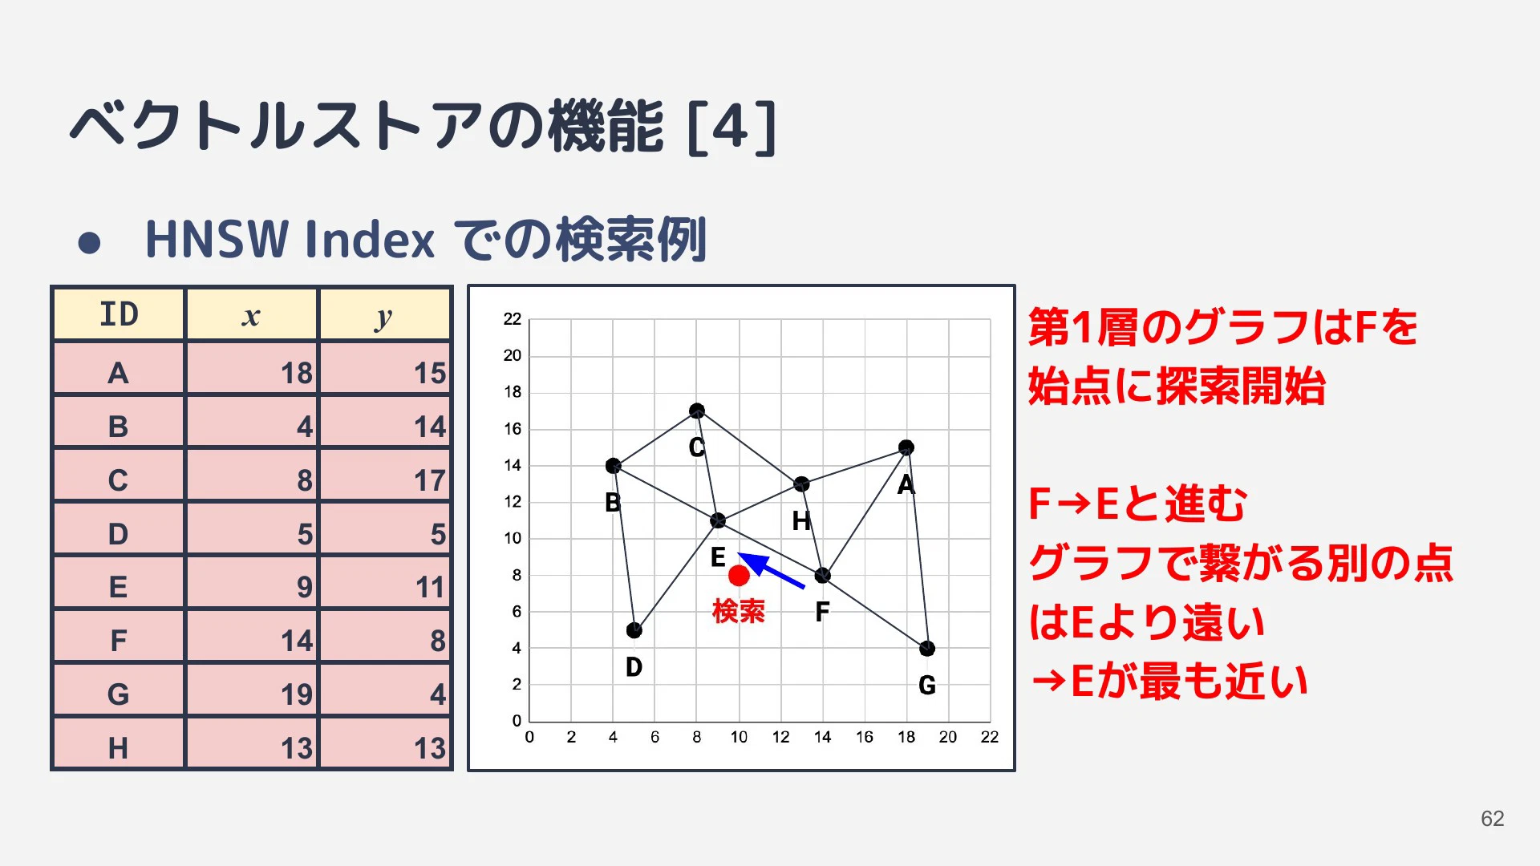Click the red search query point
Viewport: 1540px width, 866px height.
click(x=739, y=575)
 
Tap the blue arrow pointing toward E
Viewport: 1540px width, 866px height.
click(x=771, y=570)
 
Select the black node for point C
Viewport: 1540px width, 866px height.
click(x=697, y=411)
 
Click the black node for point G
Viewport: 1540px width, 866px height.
click(x=927, y=649)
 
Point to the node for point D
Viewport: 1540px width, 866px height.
click(x=634, y=630)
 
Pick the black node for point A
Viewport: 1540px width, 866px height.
click(x=906, y=447)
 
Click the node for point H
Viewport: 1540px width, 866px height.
click(x=801, y=484)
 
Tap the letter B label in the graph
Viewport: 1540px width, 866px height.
click(x=613, y=503)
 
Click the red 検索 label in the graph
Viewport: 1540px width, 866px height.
click(x=739, y=612)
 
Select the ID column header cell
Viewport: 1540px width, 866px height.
click(x=119, y=314)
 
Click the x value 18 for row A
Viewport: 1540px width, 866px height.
click(x=296, y=373)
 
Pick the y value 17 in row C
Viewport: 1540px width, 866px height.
click(x=430, y=480)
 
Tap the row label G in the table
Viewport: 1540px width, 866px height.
click(x=118, y=694)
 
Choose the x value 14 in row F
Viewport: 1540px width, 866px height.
click(x=296, y=641)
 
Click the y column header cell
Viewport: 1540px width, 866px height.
click(x=385, y=314)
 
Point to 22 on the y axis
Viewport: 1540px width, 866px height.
click(x=513, y=319)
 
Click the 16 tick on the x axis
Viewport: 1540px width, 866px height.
click(x=865, y=737)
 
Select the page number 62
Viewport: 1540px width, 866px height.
click(x=1493, y=819)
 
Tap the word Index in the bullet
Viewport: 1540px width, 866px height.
click(x=369, y=240)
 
